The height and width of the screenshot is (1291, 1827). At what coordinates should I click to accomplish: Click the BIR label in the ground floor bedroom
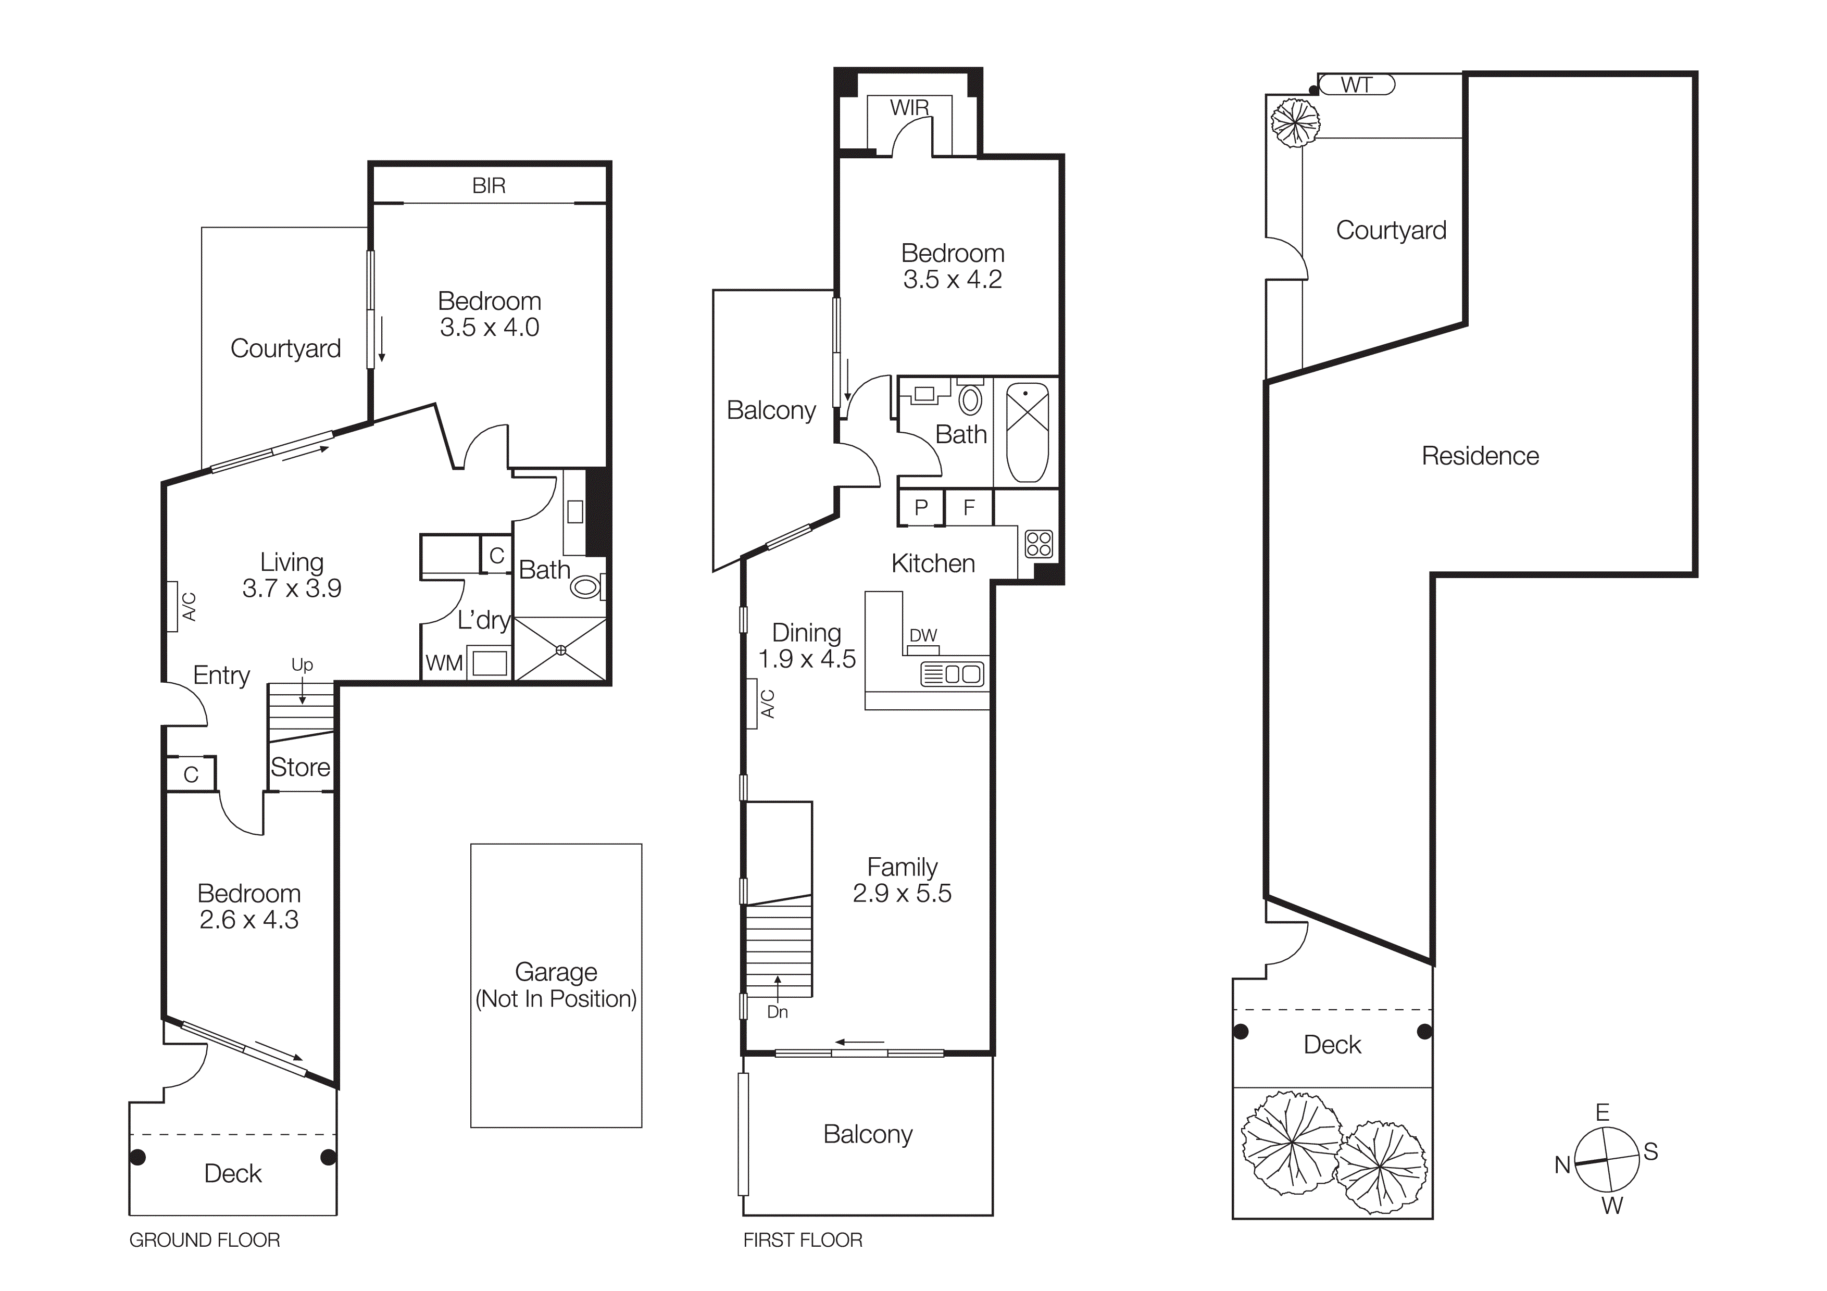click(489, 185)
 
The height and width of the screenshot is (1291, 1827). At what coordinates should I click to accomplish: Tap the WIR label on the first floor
click(909, 107)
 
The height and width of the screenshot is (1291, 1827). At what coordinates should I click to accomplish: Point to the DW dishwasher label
click(923, 635)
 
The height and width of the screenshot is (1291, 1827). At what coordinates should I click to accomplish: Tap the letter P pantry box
click(921, 507)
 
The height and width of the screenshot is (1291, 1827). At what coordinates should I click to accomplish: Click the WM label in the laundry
click(444, 662)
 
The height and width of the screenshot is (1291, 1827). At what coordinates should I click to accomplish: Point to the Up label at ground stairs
click(302, 664)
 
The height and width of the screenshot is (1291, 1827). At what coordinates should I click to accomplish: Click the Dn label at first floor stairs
click(778, 1012)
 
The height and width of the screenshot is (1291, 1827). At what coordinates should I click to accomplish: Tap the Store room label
click(300, 767)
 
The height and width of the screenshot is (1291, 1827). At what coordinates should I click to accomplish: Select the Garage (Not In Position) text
click(555, 985)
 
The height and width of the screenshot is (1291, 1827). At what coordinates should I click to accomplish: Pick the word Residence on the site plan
click(1480, 456)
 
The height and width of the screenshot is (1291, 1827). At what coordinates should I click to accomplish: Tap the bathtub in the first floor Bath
click(1027, 432)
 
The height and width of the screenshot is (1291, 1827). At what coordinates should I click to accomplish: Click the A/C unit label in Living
click(189, 606)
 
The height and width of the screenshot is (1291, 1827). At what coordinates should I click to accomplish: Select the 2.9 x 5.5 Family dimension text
click(902, 893)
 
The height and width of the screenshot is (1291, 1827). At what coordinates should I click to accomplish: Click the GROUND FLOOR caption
click(205, 1239)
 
